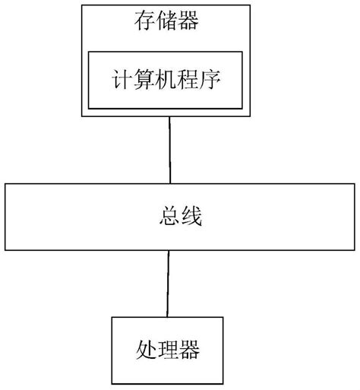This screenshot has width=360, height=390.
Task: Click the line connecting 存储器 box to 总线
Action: click(171, 149)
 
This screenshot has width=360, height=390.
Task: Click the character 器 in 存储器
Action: click(191, 22)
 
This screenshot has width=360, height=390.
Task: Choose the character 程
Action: click(192, 80)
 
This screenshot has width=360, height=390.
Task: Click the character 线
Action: click(193, 218)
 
